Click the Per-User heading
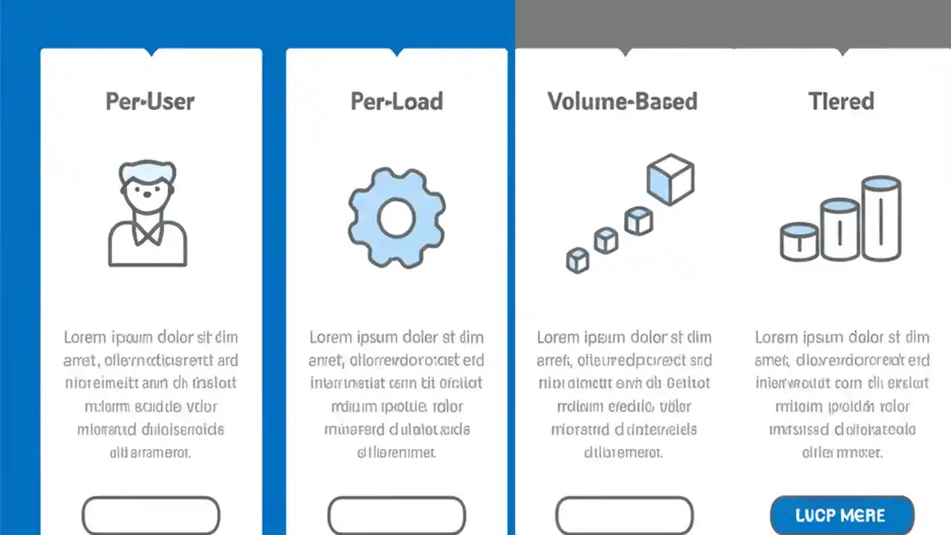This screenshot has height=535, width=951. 150,101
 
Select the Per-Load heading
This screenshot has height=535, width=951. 397,101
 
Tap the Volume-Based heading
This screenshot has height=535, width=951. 623,101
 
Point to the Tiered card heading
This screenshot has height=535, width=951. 841,101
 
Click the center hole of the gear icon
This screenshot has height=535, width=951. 396,218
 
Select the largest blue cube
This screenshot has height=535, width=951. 670,179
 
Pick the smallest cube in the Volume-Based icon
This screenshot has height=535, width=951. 577,260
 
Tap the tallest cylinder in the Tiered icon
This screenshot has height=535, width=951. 881,218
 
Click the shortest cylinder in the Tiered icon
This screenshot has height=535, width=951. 799,241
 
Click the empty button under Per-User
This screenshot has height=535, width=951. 151,515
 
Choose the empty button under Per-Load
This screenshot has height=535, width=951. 397,515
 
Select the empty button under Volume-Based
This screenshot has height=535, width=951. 624,515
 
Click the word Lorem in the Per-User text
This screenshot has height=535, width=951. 85,337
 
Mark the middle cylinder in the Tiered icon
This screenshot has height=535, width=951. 840,230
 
